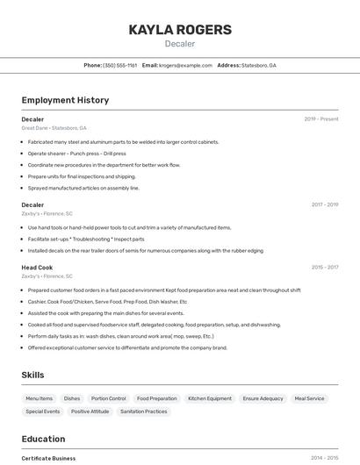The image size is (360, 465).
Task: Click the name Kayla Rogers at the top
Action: pyautogui.click(x=180, y=30)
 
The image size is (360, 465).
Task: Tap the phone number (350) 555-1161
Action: pyautogui.click(x=119, y=65)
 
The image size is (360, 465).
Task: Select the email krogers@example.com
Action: pyautogui.click(x=186, y=65)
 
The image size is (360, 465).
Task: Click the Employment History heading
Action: pyautogui.click(x=65, y=100)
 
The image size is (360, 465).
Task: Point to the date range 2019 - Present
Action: pyautogui.click(x=321, y=119)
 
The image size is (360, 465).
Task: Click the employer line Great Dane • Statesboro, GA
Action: pyautogui.click(x=54, y=128)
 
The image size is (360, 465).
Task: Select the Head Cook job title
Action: pyautogui.click(x=37, y=268)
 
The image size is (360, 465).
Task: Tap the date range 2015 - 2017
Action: pyautogui.click(x=325, y=268)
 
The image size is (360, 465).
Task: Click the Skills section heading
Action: pyautogui.click(x=32, y=375)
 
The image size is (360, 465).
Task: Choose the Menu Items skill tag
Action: pyautogui.click(x=40, y=398)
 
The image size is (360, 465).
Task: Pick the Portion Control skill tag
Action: pyautogui.click(x=109, y=398)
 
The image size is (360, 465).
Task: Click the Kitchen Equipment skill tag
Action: pyautogui.click(x=210, y=398)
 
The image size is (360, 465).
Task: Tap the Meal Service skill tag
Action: pyautogui.click(x=309, y=398)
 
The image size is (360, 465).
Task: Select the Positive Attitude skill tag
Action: pyautogui.click(x=90, y=411)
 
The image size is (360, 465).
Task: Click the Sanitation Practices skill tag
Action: pyautogui.click(x=144, y=411)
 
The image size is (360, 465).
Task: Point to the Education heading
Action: pyautogui.click(x=43, y=439)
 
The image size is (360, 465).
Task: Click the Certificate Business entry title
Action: pyautogui.click(x=48, y=458)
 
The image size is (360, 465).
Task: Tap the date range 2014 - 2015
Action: pyautogui.click(x=325, y=458)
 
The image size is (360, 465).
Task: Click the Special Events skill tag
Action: pyautogui.click(x=43, y=411)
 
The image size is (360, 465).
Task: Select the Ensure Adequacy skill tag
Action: pyautogui.click(x=263, y=398)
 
